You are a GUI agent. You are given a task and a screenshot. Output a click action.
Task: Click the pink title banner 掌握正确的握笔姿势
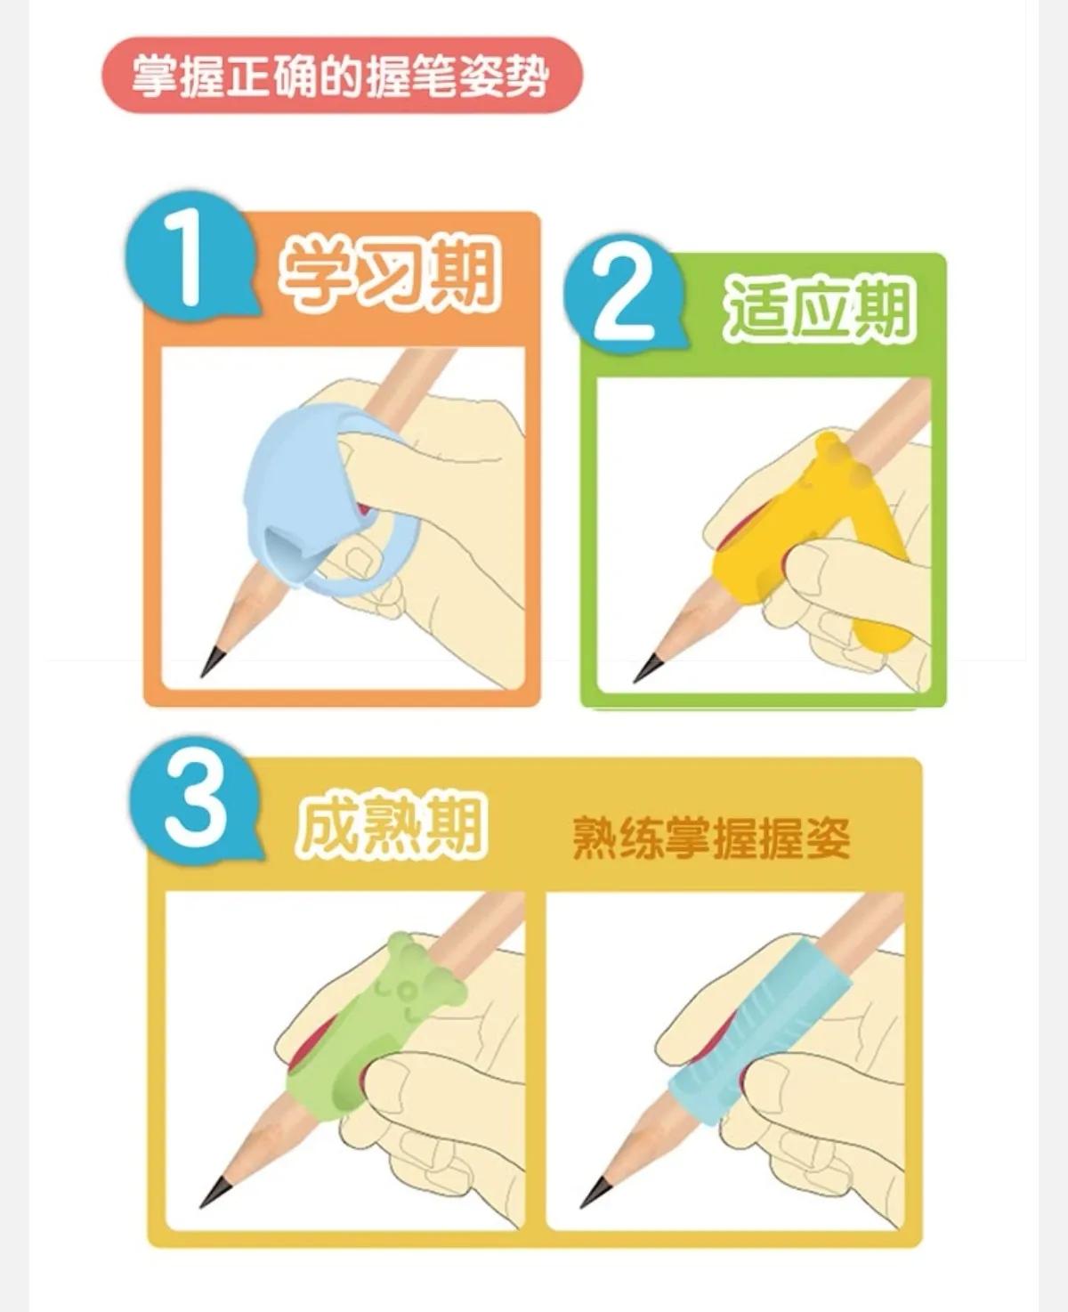coord(341,76)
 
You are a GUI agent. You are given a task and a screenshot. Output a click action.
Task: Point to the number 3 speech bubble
coord(195,804)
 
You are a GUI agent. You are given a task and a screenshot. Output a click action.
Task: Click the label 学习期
coord(388,271)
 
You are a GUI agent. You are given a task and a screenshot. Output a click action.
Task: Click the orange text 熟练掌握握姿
coord(710,837)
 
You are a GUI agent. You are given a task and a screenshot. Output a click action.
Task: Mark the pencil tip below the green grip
coord(214,1193)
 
